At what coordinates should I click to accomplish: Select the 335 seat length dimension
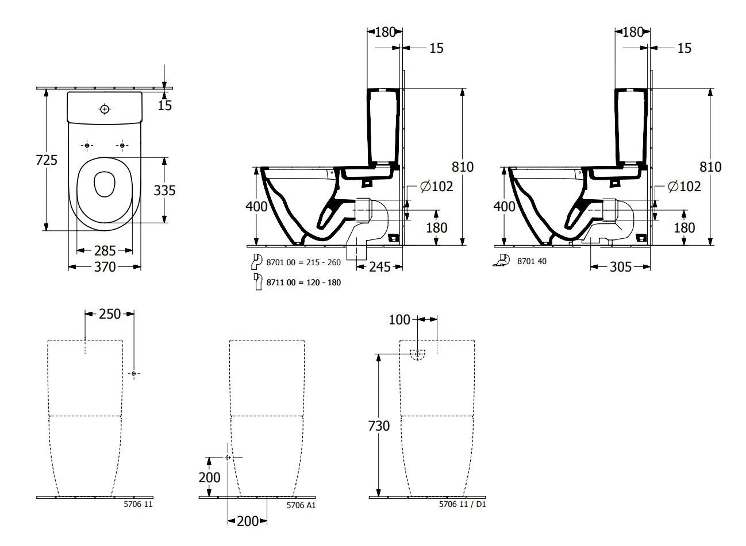click(164, 190)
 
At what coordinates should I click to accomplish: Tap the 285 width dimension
click(105, 250)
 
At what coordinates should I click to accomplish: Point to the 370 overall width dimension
click(105, 267)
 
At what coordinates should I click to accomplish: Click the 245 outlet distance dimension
click(379, 266)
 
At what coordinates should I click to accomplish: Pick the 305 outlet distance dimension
click(621, 266)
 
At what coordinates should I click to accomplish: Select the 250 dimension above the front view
click(110, 313)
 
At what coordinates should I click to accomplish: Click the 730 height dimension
click(378, 425)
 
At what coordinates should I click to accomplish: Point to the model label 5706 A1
click(301, 505)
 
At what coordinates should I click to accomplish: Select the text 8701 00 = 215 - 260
click(303, 262)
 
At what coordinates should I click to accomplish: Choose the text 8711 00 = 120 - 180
click(303, 282)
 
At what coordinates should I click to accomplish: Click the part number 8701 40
click(532, 261)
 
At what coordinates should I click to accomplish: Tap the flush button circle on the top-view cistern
click(105, 109)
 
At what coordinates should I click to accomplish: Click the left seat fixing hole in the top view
click(87, 146)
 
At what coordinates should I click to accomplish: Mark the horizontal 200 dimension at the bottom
click(248, 521)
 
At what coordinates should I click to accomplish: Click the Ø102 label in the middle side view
click(436, 186)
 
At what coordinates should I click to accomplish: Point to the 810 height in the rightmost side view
click(710, 166)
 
